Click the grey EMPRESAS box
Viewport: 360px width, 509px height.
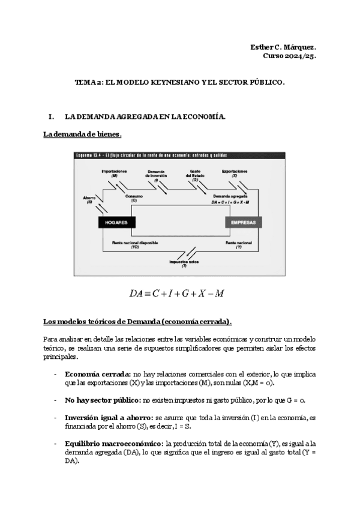(244, 223)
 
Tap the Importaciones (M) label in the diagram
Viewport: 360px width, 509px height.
(114, 173)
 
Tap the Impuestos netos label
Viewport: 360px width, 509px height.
(184, 262)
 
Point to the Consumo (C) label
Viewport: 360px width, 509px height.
(134, 198)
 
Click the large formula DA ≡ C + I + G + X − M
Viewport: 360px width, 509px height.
(177, 294)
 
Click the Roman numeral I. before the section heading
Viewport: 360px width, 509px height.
(52, 116)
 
